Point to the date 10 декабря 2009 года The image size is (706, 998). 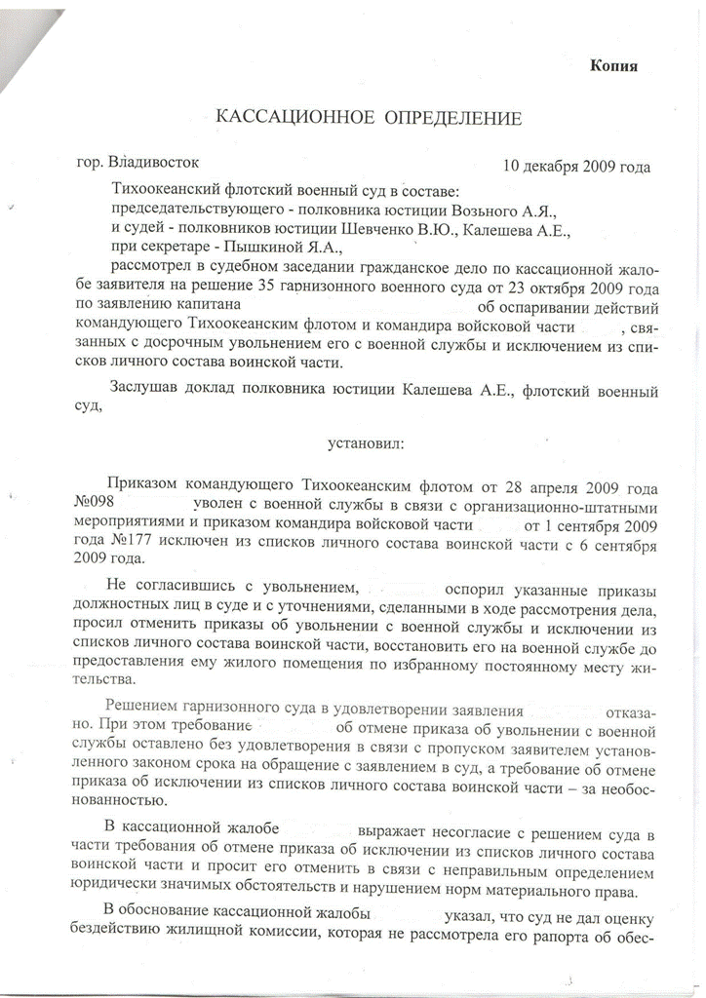(x=576, y=166)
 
